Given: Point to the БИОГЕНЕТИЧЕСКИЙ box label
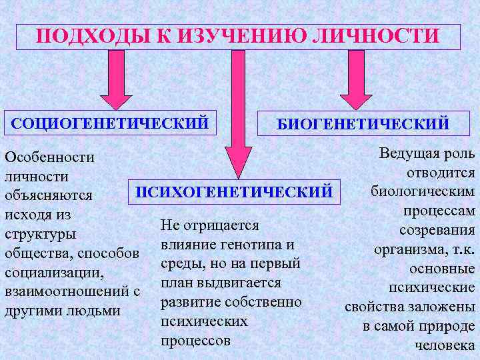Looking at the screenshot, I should pyautogui.click(x=363, y=123).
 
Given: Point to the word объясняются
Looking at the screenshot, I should pyautogui.click(x=47, y=196).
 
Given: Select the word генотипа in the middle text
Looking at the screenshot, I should pyautogui.click(x=247, y=244).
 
